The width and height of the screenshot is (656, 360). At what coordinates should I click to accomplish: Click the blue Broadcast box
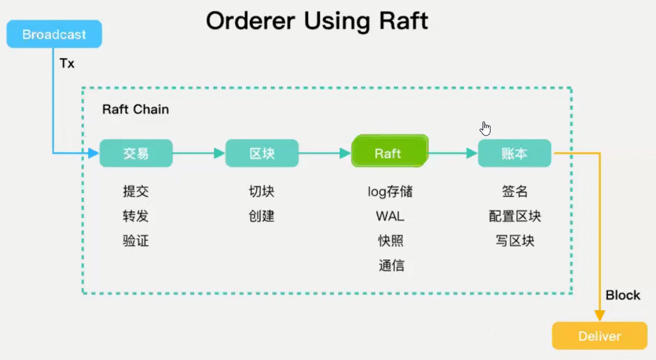coord(54,34)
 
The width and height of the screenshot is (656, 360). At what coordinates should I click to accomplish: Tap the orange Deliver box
coord(600,336)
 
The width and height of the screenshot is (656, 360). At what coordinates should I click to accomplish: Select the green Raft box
coord(390,151)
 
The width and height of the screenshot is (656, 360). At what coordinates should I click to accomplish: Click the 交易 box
coord(136,153)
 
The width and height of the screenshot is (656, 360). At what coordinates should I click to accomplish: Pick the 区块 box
coord(262,153)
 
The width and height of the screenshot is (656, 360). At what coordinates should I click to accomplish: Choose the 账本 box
coord(515,153)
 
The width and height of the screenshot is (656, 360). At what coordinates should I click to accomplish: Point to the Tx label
coord(67,63)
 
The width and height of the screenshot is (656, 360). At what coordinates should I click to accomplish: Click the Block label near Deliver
coord(623,295)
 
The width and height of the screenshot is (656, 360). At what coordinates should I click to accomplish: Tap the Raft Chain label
coord(135,109)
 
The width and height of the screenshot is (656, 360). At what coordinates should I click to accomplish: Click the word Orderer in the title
coord(250,20)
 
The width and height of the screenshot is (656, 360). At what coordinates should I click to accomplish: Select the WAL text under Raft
coord(390,216)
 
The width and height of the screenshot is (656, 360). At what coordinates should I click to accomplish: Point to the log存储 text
coord(390,191)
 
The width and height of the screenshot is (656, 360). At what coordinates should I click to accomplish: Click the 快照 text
coord(391,241)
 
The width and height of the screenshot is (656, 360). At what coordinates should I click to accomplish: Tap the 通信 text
coord(391,266)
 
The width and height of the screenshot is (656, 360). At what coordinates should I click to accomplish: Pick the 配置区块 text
coord(515,216)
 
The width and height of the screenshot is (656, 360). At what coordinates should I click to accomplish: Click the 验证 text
coord(135,241)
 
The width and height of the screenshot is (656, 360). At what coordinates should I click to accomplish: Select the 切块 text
coord(261,191)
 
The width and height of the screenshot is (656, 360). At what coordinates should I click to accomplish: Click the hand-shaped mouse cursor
coord(485,129)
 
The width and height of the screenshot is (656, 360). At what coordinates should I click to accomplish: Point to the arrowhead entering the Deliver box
coord(600,316)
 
